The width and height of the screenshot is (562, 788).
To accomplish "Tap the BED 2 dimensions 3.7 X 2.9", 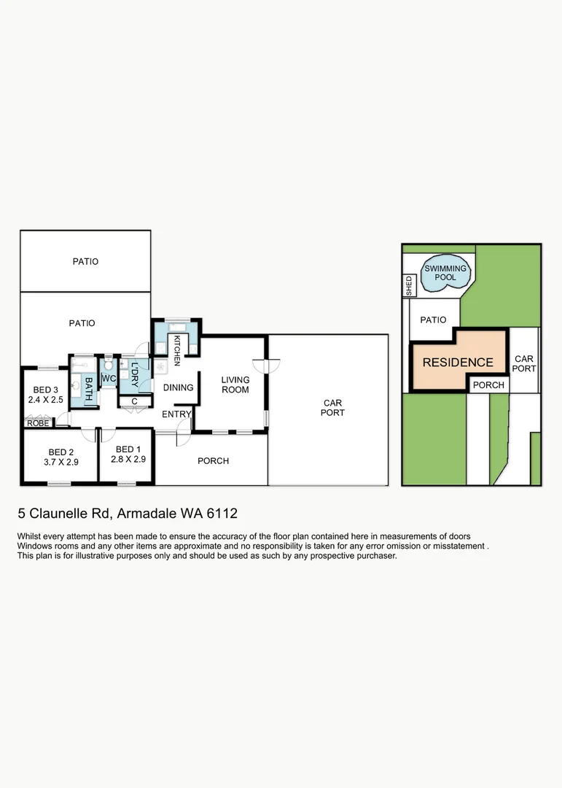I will (61, 461).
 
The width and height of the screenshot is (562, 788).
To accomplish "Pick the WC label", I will (109, 379).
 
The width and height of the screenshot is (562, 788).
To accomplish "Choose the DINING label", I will (178, 387).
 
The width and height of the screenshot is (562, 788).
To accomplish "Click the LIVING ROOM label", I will (235, 385).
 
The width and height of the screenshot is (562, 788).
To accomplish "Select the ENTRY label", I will (176, 414).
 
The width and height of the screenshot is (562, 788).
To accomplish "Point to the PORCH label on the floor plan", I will (213, 461).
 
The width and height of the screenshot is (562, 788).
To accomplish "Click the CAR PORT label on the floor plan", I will (332, 408).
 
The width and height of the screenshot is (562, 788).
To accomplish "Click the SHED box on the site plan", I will (409, 286).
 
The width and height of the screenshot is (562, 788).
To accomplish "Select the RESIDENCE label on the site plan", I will (458, 363).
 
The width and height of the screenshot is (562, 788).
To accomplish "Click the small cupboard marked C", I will (135, 401).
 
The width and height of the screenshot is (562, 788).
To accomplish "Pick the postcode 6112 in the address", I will (222, 514).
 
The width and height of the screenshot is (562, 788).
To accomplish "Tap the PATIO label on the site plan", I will (433, 320).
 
